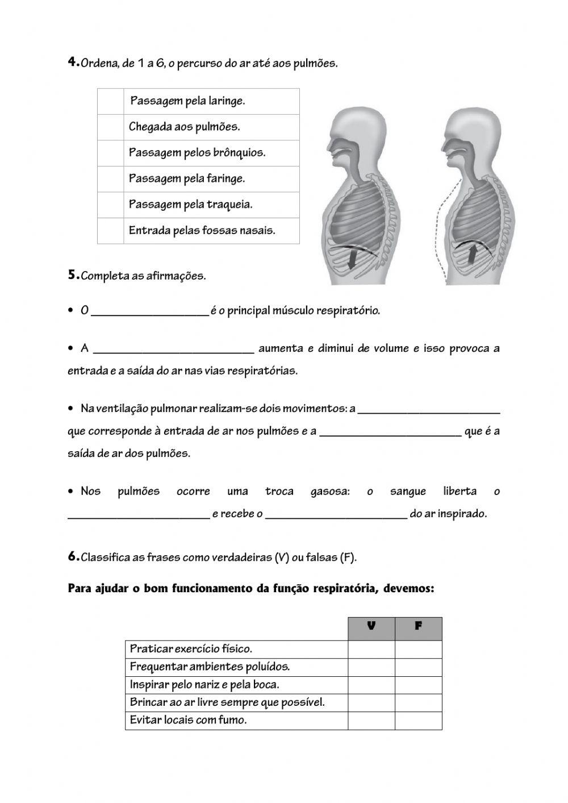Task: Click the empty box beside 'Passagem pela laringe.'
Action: click(x=110, y=101)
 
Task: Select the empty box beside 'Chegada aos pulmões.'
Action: click(x=110, y=127)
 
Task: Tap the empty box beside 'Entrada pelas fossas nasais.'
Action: click(x=110, y=231)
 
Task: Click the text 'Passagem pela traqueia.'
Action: click(x=190, y=205)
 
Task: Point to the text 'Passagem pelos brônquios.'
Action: click(x=197, y=153)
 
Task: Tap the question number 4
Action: click(x=72, y=63)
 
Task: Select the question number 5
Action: click(x=72, y=276)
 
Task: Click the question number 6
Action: click(x=72, y=557)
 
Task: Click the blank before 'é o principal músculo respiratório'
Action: click(x=150, y=311)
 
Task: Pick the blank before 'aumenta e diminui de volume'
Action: click(x=174, y=349)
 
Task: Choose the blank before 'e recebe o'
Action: click(x=139, y=514)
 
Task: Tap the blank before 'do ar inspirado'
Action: click(x=336, y=514)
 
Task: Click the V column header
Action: click(x=371, y=627)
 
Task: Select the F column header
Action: click(x=418, y=627)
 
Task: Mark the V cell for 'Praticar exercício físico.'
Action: click(x=371, y=649)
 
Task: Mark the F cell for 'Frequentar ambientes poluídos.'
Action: click(x=418, y=667)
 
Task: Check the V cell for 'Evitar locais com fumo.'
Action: click(x=371, y=721)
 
